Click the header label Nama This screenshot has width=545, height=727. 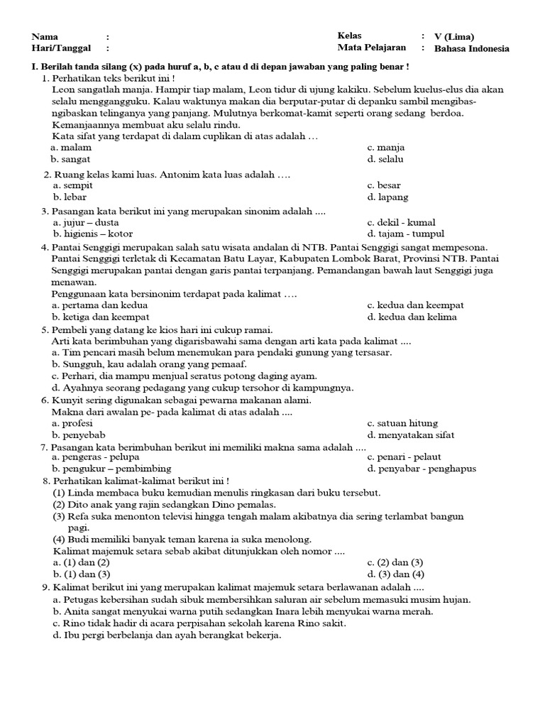[45, 37]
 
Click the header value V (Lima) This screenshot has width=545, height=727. [454, 37]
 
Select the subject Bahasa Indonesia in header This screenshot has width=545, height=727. [471, 49]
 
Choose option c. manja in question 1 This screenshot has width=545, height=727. [386, 148]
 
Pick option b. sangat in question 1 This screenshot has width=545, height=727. [72, 160]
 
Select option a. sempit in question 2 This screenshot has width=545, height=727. [72, 185]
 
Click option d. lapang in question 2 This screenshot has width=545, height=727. [387, 197]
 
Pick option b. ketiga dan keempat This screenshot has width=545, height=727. [101, 317]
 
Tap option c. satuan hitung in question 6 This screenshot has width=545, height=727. [402, 423]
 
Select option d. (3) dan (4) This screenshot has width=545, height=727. [395, 574]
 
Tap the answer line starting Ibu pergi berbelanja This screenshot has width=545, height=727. [167, 635]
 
